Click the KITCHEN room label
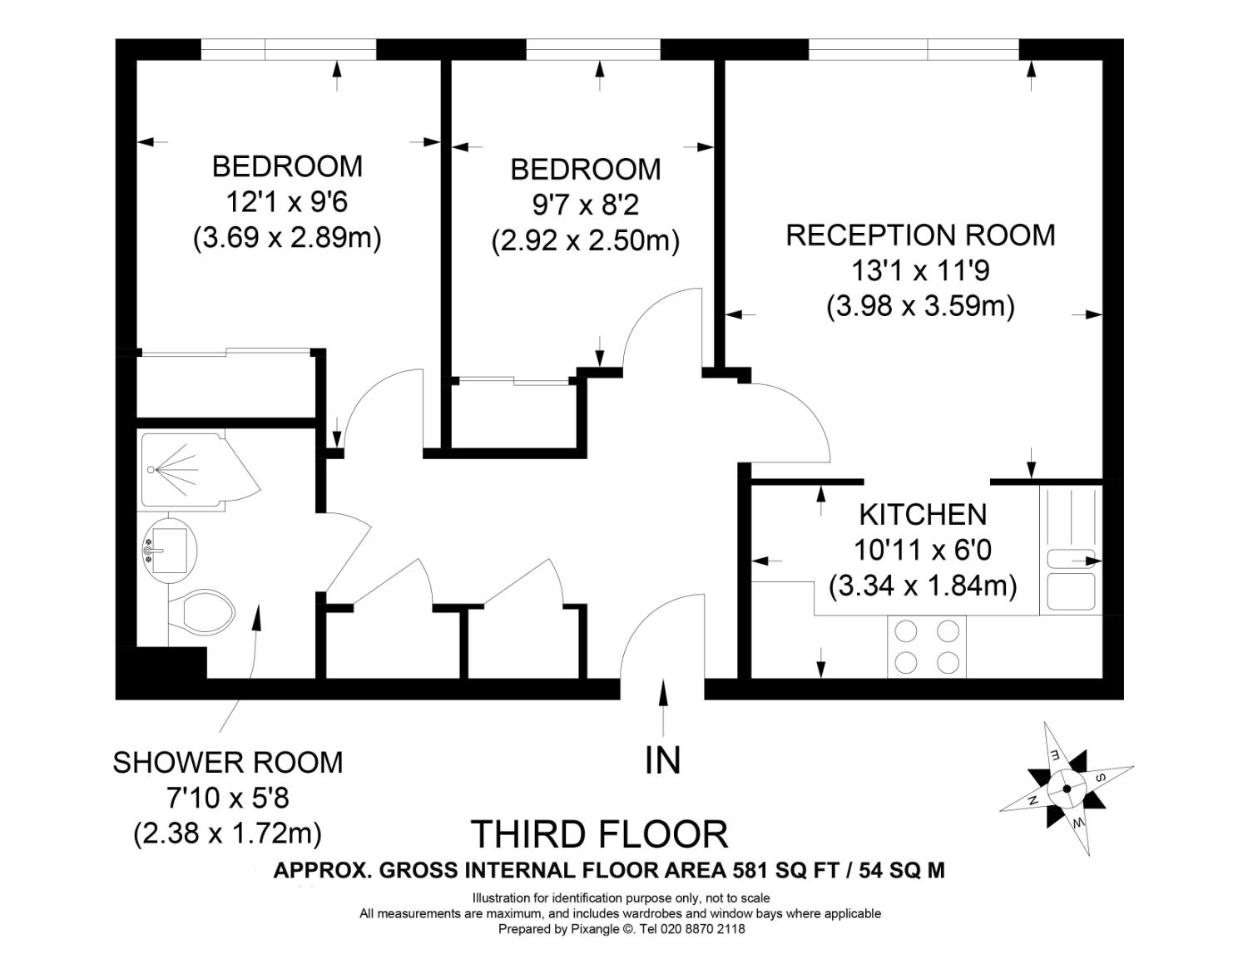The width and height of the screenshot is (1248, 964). (923, 515)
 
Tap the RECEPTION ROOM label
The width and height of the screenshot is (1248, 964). (921, 235)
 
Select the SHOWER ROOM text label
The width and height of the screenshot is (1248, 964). (228, 763)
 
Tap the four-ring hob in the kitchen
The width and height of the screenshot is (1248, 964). (927, 646)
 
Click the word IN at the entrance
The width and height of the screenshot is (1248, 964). (663, 760)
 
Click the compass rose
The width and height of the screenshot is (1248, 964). (1067, 789)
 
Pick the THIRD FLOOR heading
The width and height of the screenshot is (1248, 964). (600, 834)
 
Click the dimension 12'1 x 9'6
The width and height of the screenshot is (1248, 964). (287, 202)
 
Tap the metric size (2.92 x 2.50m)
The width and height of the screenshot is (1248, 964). (586, 241)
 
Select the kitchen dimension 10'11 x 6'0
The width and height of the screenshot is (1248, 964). (923, 550)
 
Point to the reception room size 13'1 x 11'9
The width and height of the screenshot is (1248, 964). (921, 270)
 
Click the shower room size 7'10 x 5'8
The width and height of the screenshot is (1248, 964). (228, 798)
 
